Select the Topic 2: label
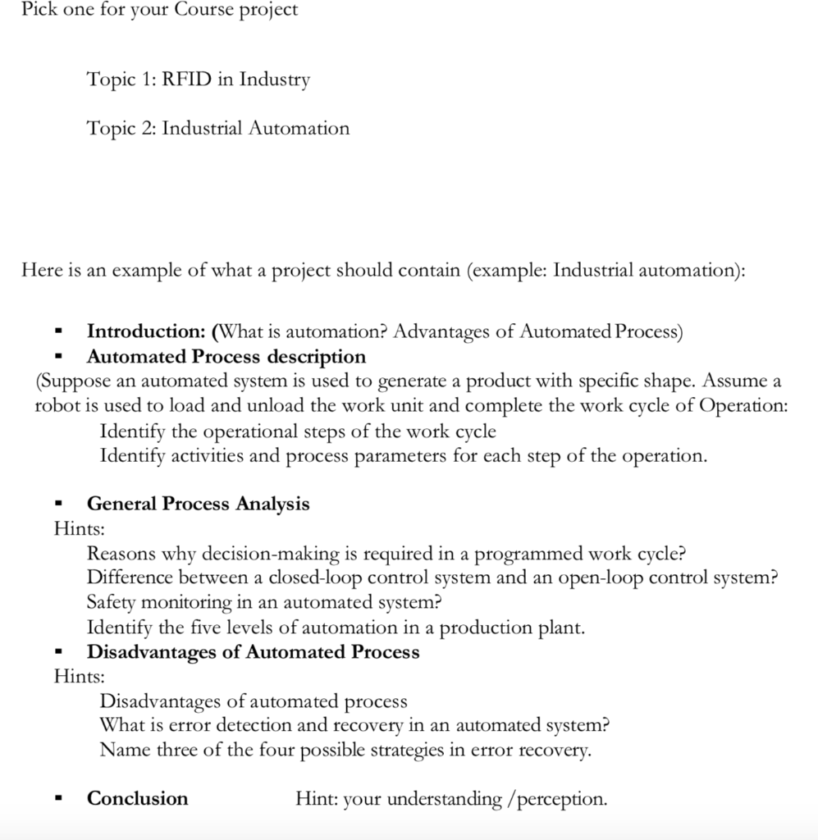[x=122, y=128]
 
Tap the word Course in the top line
[x=200, y=10]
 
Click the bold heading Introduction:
[x=146, y=331]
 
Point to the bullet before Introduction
[x=58, y=333]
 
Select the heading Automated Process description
[x=226, y=357]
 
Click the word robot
[x=56, y=406]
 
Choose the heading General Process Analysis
[x=198, y=504]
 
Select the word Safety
[x=112, y=602]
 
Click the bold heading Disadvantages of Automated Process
[x=253, y=652]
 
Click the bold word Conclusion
[x=137, y=799]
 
